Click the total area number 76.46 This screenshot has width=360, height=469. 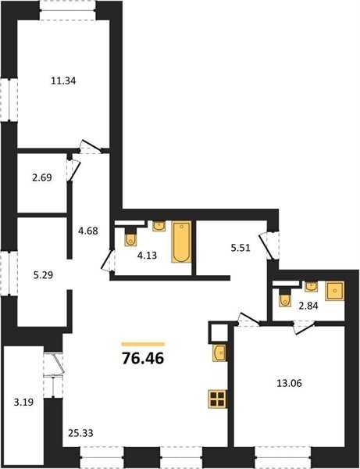click(x=143, y=358)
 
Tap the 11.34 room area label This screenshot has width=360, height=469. click(x=63, y=81)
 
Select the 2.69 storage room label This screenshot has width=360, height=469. click(x=42, y=177)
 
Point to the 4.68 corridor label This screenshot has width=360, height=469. click(x=88, y=231)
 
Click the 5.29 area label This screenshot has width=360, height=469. click(x=43, y=274)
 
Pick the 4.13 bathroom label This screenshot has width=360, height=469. click(x=147, y=256)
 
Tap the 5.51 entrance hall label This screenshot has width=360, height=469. click(x=241, y=248)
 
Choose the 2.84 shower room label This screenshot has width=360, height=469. click(x=308, y=306)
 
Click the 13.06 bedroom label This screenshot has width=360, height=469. click(x=289, y=383)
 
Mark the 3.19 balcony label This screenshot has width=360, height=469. click(x=23, y=403)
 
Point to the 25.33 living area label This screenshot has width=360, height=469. click(x=80, y=433)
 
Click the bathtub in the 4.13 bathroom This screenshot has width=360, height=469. click(x=181, y=242)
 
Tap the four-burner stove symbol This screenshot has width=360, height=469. click(x=217, y=399)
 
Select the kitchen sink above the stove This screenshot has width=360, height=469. click(x=219, y=353)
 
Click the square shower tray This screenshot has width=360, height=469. click(x=334, y=291)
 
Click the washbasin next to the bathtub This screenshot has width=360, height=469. click(x=160, y=226)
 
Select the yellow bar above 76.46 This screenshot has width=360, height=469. click(x=143, y=344)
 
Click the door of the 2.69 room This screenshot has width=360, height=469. click(x=73, y=170)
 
